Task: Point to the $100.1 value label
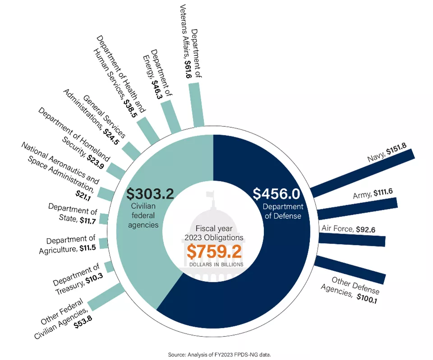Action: [x=367, y=297]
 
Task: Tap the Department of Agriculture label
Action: [x=71, y=244]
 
